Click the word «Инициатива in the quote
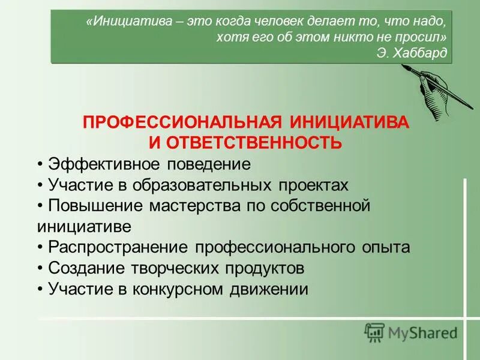[119, 22]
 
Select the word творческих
[170, 268]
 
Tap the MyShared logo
[411, 331]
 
